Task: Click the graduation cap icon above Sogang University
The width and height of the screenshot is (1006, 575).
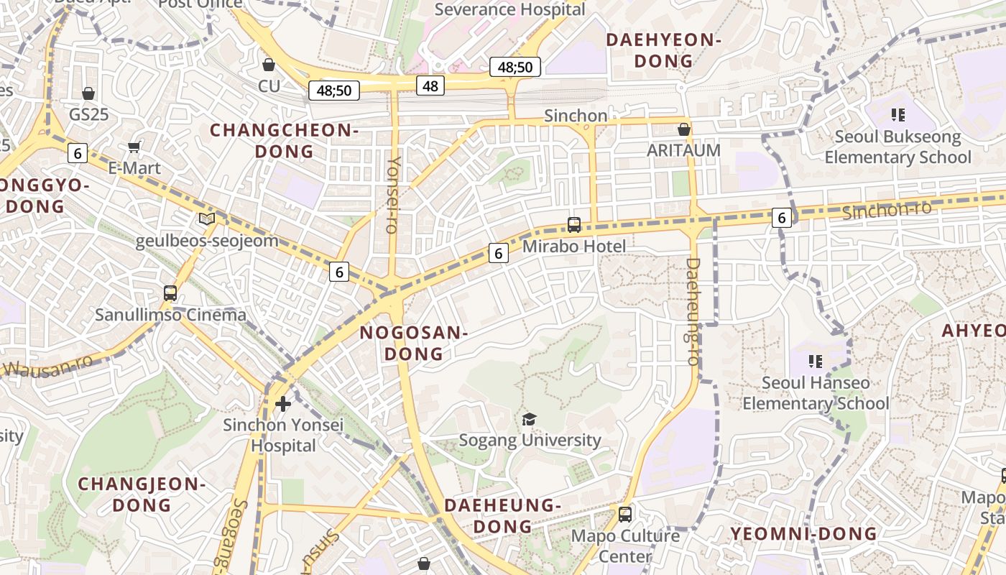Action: (x=529, y=419)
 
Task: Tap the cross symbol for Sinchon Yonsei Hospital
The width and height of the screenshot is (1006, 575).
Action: (x=283, y=403)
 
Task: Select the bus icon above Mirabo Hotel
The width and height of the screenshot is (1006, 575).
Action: (x=574, y=225)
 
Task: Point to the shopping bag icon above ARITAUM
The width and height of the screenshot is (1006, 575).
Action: (x=684, y=129)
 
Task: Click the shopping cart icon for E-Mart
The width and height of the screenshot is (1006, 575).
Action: (x=134, y=147)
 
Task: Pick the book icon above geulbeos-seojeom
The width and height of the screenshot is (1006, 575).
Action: (x=207, y=218)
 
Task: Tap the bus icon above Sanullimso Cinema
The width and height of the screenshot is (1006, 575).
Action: (x=170, y=293)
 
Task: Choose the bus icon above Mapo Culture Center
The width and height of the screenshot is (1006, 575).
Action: (x=625, y=515)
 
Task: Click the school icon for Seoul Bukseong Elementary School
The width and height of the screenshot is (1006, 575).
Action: (x=897, y=114)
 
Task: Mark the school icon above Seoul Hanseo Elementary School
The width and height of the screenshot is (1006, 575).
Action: (x=816, y=361)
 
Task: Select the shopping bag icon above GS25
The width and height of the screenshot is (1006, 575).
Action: (x=88, y=93)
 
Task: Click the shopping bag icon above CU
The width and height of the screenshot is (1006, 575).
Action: (x=269, y=65)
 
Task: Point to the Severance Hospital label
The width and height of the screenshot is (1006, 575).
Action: (x=509, y=9)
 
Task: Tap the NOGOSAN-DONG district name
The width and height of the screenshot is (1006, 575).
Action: (x=414, y=343)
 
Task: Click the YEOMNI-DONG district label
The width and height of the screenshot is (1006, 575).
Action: (x=803, y=533)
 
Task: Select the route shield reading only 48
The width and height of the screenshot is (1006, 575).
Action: (x=430, y=86)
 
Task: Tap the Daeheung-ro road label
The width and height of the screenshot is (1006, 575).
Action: (x=693, y=311)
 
